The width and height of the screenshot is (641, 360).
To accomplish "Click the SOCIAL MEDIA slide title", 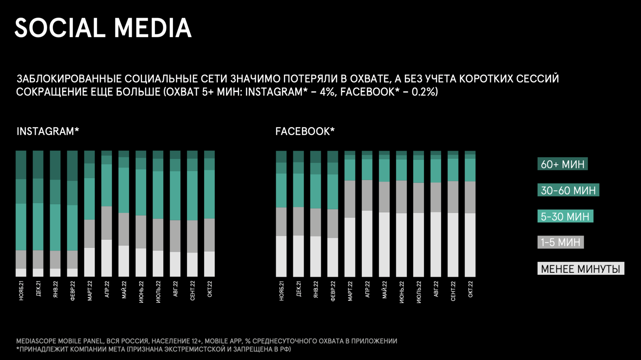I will point(103,28).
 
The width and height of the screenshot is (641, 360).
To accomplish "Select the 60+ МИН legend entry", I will point(562,164).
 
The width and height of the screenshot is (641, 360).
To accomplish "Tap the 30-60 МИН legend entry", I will point(568,190).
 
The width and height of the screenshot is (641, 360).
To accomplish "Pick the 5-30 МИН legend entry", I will point(565,216).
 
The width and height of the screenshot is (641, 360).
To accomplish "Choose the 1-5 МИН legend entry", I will point(560,242).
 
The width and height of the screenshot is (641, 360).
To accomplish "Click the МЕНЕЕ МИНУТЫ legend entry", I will point(580,268).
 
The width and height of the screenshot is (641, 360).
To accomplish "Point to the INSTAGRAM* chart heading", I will point(48,131).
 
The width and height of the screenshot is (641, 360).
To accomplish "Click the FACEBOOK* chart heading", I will point(305,131).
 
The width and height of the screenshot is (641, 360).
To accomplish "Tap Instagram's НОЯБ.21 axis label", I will point(21,291).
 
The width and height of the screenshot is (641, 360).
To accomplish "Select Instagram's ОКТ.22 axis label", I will point(209,289).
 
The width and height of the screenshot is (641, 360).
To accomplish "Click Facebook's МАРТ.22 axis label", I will point(350,291).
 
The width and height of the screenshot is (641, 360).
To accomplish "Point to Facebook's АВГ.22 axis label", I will point(436,289).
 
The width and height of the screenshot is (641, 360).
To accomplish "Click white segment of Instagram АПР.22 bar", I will point(106,258).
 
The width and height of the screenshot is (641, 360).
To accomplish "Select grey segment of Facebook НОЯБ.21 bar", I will point(281,221).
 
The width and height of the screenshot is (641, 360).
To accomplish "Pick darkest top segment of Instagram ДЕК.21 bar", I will point(38,164).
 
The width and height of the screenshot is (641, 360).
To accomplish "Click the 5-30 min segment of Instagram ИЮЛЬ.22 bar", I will point(158,195).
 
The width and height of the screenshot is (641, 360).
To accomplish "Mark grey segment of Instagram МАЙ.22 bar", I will point(124,229).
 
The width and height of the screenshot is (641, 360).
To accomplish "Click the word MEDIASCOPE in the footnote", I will point(36,341).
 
